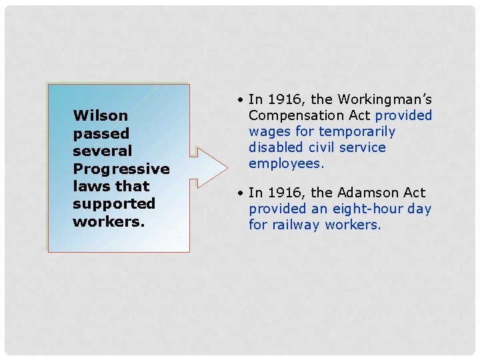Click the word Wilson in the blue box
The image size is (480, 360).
coord(100,115)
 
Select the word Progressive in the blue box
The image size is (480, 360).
coord(121,169)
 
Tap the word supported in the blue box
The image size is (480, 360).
coord(113,203)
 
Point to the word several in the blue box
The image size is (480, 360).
coord(102,151)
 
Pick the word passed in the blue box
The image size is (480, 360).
coord(101,133)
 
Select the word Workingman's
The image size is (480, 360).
coord(385,99)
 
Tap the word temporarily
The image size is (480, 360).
coord(357,131)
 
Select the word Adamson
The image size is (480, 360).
coord(369,193)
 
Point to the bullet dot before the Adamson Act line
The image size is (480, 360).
coord(239,193)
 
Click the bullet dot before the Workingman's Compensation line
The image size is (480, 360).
coord(239,100)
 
